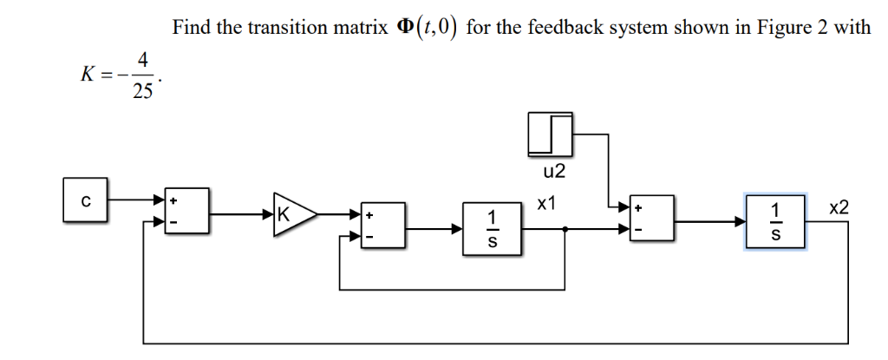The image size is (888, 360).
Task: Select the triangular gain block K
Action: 293,213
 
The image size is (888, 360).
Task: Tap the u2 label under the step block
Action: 552,172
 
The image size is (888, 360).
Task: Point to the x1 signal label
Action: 545,205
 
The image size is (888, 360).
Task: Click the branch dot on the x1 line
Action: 566,230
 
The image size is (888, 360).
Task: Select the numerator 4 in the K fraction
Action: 142,61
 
